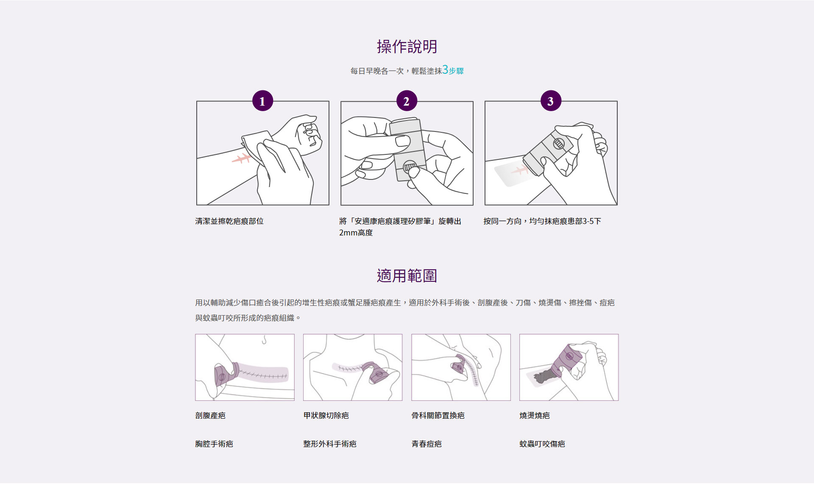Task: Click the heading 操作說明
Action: (407, 47)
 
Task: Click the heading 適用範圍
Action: (407, 276)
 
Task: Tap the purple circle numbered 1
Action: (262, 101)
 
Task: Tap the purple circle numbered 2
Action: (407, 101)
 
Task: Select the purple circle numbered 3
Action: (551, 101)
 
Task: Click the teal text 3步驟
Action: (453, 70)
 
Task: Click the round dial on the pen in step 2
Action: (410, 166)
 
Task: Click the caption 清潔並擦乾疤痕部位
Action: (229, 221)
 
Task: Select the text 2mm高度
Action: (356, 233)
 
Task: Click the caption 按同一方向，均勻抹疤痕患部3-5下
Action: (542, 221)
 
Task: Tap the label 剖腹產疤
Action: (210, 416)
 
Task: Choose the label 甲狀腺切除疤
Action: (326, 416)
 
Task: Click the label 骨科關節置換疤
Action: (438, 416)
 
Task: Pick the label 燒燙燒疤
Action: (535, 416)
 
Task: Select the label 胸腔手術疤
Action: (214, 444)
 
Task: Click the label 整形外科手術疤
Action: (330, 444)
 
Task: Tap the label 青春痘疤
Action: (427, 444)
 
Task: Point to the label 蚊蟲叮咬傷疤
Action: (542, 444)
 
